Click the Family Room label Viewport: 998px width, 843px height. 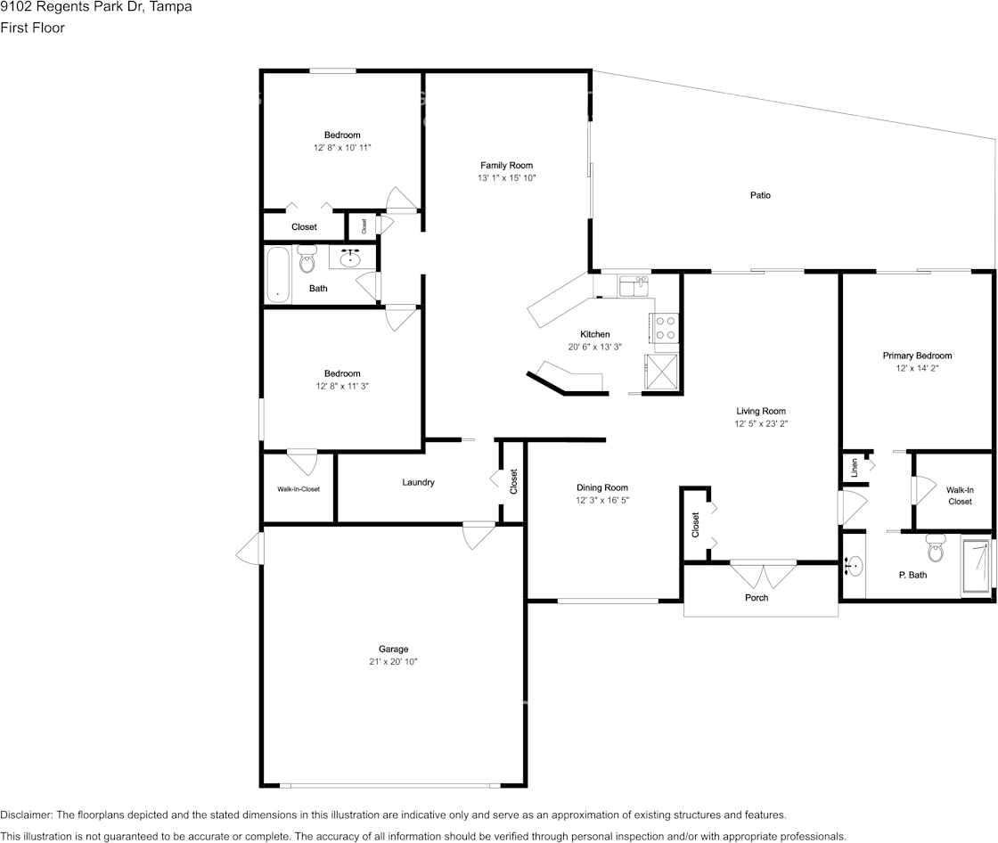(506, 165)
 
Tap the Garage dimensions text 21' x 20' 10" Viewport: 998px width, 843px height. (392, 662)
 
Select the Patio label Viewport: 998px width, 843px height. (760, 195)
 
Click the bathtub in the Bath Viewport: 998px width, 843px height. (278, 275)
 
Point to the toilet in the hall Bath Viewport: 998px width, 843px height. (307, 260)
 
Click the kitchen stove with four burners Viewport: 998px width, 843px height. (666, 328)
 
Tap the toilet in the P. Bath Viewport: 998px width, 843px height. (935, 549)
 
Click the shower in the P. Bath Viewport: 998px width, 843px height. (976, 567)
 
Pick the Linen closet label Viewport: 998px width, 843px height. (854, 467)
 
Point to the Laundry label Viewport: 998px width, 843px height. (418, 482)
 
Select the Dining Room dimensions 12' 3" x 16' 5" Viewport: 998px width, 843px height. (602, 501)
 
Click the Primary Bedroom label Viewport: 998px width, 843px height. (917, 356)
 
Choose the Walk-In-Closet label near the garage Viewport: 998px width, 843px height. (299, 489)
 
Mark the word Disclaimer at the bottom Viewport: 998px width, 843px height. (26, 814)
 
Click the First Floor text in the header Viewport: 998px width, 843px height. (32, 28)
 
